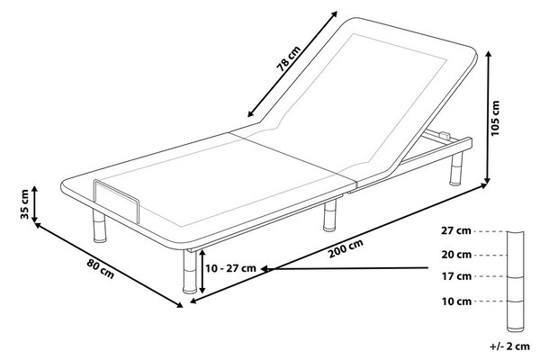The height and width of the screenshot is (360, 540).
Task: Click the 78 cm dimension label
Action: pyautogui.click(x=289, y=58)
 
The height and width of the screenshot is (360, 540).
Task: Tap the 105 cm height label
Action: pyautogui.click(x=495, y=118)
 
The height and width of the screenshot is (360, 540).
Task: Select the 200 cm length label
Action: pyautogui.click(x=346, y=248)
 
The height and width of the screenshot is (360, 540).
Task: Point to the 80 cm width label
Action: pyautogui.click(x=100, y=268)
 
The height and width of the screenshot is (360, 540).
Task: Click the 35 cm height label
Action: pyautogui.click(x=25, y=204)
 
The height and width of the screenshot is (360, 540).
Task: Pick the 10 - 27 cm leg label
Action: pyautogui.click(x=230, y=268)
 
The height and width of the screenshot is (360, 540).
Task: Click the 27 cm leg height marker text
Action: pyautogui.click(x=456, y=230)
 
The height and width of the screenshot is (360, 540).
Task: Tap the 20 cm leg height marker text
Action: pyautogui.click(x=456, y=255)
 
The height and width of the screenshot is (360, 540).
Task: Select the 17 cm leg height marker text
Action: pyautogui.click(x=456, y=276)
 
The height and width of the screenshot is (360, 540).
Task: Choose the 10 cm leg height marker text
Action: pyautogui.click(x=456, y=301)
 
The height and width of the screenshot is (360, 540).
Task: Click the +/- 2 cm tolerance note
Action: pyautogui.click(x=509, y=346)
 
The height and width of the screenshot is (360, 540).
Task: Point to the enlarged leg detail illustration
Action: pyautogui.click(x=515, y=282)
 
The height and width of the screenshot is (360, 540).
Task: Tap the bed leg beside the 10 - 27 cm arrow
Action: pyautogui.click(x=190, y=272)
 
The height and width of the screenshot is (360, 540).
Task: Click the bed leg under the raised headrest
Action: pyautogui.click(x=456, y=169)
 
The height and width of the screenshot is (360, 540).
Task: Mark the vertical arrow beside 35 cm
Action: pyautogui.click(x=34, y=204)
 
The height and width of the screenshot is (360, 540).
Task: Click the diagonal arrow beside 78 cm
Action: pyautogui.click(x=292, y=64)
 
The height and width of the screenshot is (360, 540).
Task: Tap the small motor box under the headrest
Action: pyautogui.click(x=445, y=135)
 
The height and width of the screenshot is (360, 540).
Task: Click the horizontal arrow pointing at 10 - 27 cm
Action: pyautogui.click(x=345, y=268)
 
